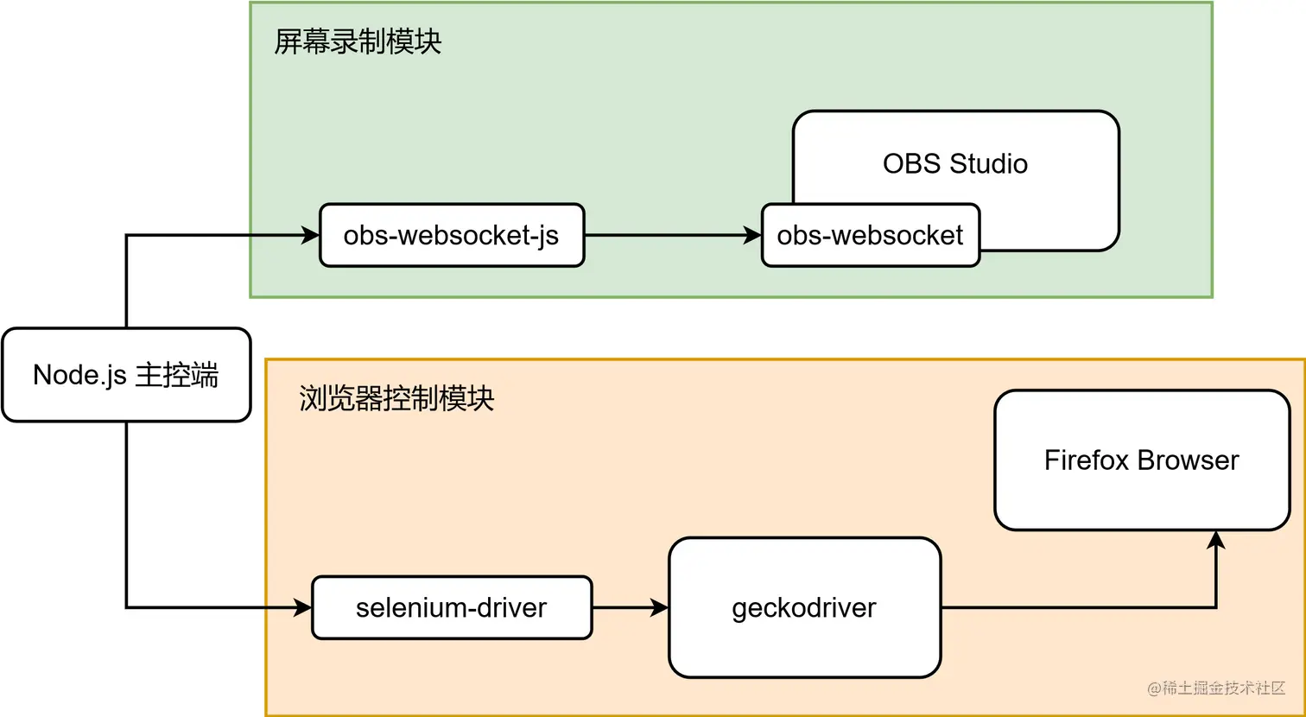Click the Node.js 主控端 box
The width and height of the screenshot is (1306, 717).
(x=126, y=375)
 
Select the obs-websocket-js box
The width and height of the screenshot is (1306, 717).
(x=451, y=235)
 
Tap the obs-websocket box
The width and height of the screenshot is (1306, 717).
(x=870, y=235)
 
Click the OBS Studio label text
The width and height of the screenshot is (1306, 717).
(x=954, y=163)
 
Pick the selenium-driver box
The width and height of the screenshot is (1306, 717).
(x=451, y=607)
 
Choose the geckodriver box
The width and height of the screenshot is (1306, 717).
(x=803, y=607)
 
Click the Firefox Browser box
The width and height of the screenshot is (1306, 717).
(x=1141, y=460)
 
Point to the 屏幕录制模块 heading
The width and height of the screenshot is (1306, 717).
(x=358, y=41)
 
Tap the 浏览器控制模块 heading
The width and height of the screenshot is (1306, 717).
(x=396, y=398)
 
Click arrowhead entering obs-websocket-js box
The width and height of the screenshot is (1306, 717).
(x=311, y=235)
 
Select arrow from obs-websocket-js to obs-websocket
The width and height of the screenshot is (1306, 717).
(x=672, y=235)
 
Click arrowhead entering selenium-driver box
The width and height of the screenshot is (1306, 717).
(x=302, y=607)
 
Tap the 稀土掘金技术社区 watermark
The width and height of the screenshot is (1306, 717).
(x=1216, y=688)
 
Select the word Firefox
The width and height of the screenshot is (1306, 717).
(x=1086, y=460)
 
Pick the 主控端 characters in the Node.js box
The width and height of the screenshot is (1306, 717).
(x=177, y=375)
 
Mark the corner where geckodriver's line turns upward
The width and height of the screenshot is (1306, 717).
(x=1216, y=607)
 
